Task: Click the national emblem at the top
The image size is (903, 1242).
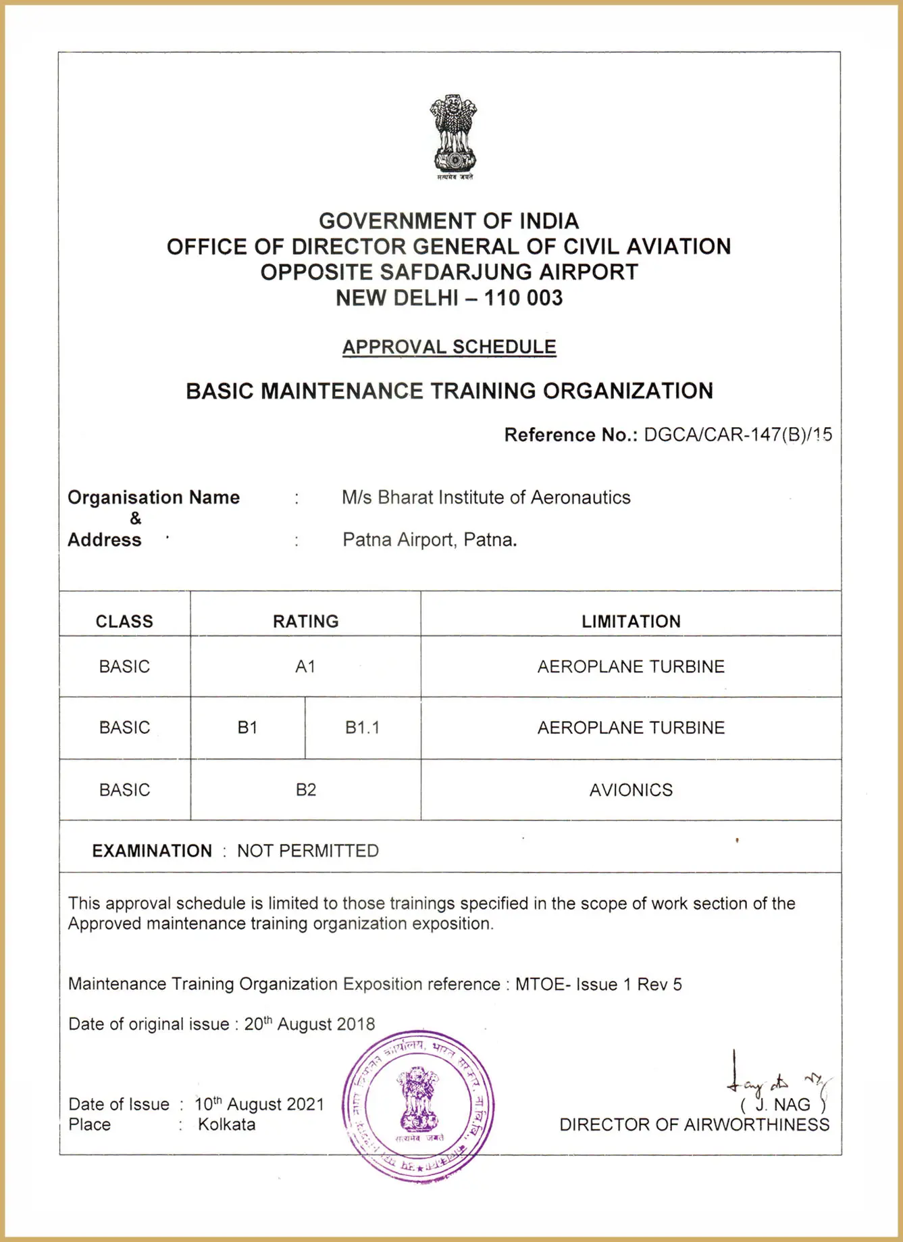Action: (x=454, y=136)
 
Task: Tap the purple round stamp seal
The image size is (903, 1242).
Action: (x=418, y=1106)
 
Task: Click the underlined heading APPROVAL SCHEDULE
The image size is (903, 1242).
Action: (x=449, y=347)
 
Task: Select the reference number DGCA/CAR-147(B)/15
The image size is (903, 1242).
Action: (x=738, y=434)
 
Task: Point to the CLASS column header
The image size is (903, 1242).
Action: (x=124, y=621)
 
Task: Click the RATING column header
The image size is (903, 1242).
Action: (x=305, y=621)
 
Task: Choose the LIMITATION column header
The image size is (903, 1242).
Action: (x=631, y=621)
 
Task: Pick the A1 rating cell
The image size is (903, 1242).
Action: (x=305, y=666)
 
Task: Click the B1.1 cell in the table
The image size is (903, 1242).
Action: (x=362, y=727)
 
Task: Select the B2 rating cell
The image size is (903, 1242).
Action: (x=305, y=789)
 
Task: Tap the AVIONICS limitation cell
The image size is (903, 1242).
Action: (x=631, y=789)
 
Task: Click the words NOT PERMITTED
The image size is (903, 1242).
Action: (x=307, y=850)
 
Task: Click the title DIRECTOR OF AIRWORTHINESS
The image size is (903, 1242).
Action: (x=694, y=1124)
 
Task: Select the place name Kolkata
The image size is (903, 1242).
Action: (x=226, y=1124)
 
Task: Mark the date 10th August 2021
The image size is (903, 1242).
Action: (x=259, y=1104)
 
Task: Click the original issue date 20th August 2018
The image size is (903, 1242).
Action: (x=309, y=1024)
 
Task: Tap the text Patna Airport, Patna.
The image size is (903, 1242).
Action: (x=430, y=540)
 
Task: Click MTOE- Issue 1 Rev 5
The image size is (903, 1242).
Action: (x=598, y=984)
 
